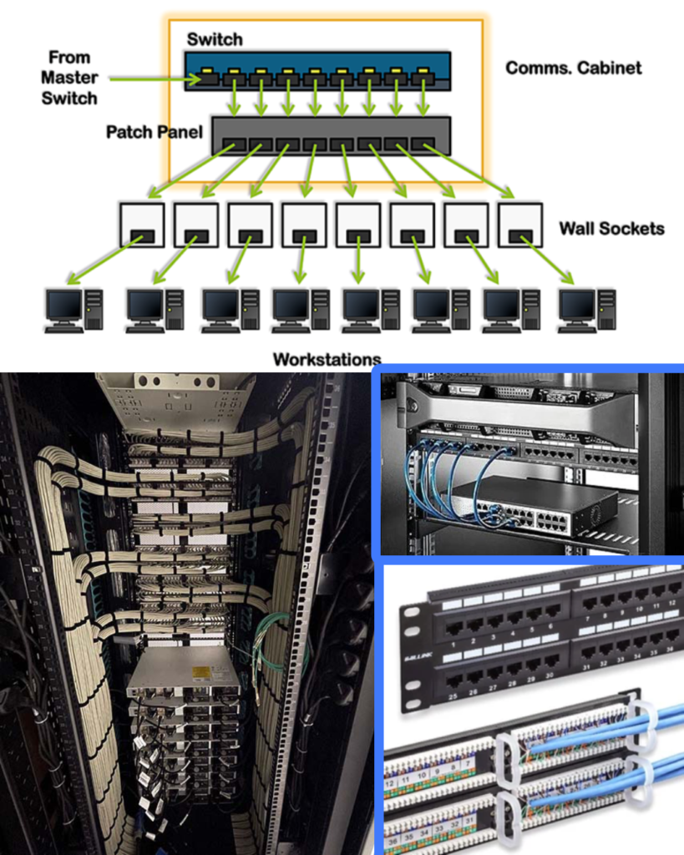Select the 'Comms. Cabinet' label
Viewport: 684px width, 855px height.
tap(574, 68)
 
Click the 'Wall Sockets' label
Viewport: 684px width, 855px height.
tap(611, 228)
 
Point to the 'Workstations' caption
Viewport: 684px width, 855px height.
tap(327, 360)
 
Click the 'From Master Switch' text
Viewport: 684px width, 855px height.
tap(73, 78)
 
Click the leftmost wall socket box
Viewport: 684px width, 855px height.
tap(142, 224)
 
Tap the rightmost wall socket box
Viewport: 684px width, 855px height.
tap(520, 224)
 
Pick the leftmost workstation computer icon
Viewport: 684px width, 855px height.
tap(73, 310)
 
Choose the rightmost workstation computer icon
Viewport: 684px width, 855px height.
tap(587, 310)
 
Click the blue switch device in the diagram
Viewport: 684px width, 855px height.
tap(317, 70)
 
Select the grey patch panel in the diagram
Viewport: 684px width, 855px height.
tap(331, 135)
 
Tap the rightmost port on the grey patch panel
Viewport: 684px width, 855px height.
tap(423, 144)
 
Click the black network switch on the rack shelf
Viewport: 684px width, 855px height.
tap(535, 506)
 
